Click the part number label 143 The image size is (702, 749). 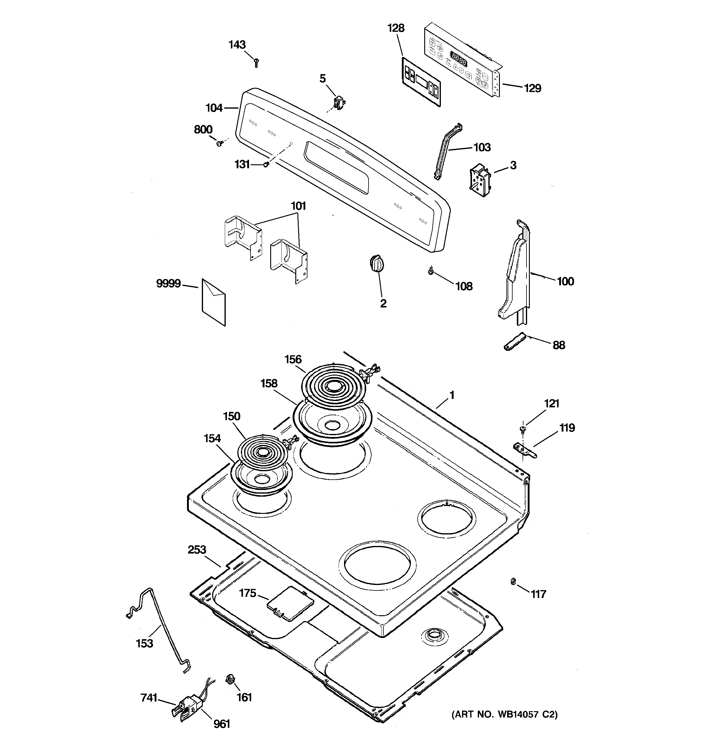pos(237,45)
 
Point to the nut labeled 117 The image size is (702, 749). pos(513,581)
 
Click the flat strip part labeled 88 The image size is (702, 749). pos(514,341)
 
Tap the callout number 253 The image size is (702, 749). pos(197,550)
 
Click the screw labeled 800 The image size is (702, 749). pos(220,143)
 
